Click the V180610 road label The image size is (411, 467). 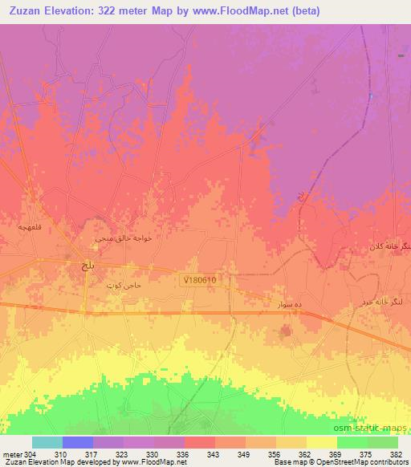(198, 279)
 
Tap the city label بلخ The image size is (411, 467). (83, 264)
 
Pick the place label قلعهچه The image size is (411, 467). (18, 228)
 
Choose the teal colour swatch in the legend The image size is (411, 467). (47, 442)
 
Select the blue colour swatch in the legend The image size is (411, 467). (78, 442)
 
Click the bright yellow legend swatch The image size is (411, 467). (322, 442)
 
